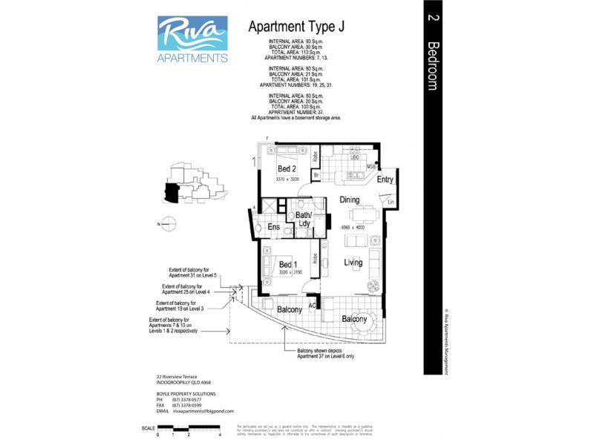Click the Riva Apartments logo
point(193,40)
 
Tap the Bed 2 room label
point(277,169)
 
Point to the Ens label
point(273,227)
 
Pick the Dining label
point(350,200)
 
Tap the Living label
point(353,262)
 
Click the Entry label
point(385,179)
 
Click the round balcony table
point(363,324)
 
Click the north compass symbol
point(169,222)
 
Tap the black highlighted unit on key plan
point(172,193)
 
